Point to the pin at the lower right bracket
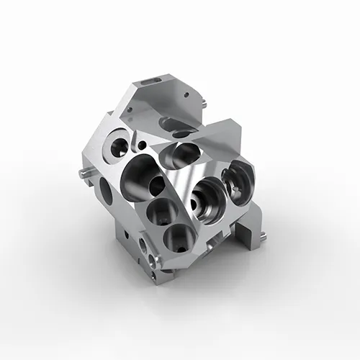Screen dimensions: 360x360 tap(266, 235)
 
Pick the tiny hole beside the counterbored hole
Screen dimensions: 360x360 tap(142, 145)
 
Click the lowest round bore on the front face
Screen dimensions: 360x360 tap(176, 237)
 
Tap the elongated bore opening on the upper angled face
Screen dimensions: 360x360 tap(184, 152)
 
